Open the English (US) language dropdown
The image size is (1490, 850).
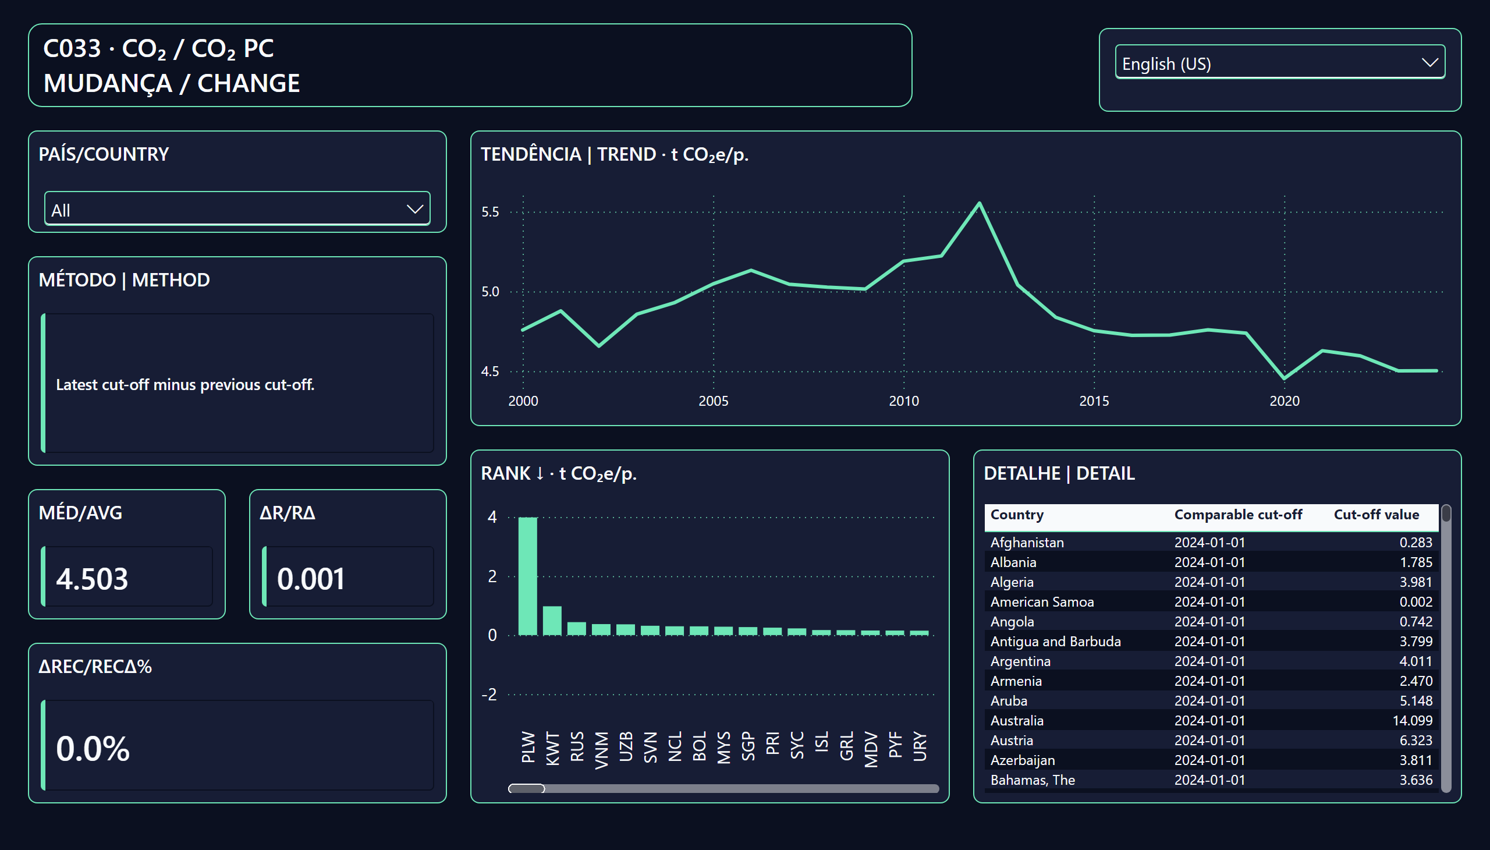pos(1279,62)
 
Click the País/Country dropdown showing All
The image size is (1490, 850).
pos(237,208)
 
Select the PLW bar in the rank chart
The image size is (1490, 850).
pos(527,576)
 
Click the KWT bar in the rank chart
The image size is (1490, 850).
pos(552,621)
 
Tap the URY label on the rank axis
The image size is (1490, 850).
pos(920,746)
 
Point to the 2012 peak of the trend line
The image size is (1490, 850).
pos(980,203)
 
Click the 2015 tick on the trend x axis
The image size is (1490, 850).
pos(1094,401)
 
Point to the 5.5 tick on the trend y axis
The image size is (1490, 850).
pos(490,212)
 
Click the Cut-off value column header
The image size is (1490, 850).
pos(1376,514)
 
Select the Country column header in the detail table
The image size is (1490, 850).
pos(1017,514)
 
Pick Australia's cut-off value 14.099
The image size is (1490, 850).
pos(1413,720)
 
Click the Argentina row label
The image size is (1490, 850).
pos(1020,661)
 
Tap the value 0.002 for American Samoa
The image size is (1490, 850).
pos(1416,602)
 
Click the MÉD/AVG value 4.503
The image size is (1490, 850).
pos(92,579)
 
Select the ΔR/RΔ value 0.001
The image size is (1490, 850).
pos(311,579)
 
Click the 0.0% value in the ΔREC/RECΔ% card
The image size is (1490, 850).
pos(93,749)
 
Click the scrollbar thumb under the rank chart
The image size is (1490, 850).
pos(526,789)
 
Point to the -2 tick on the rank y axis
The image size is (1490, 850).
pos(489,695)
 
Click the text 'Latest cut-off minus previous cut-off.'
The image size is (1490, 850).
pos(185,385)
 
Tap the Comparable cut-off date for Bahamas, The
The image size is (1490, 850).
pos(1210,780)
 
